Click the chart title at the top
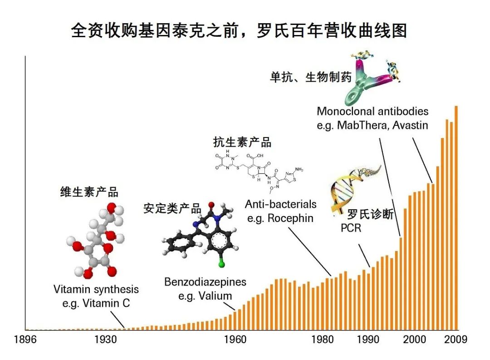(x=239, y=31)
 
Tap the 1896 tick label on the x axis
(x=25, y=340)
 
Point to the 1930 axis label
(x=106, y=340)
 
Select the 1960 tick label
(x=235, y=340)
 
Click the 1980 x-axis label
(x=323, y=340)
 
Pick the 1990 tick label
(x=368, y=340)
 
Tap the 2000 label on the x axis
(x=414, y=340)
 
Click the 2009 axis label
(x=456, y=340)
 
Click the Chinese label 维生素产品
(x=89, y=192)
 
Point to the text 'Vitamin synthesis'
(x=96, y=289)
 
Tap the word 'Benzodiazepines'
(x=206, y=282)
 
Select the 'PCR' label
(x=351, y=228)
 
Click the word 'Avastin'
(x=410, y=125)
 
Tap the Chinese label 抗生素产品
(x=242, y=142)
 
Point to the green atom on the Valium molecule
(x=221, y=265)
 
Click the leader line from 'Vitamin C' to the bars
(x=118, y=319)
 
